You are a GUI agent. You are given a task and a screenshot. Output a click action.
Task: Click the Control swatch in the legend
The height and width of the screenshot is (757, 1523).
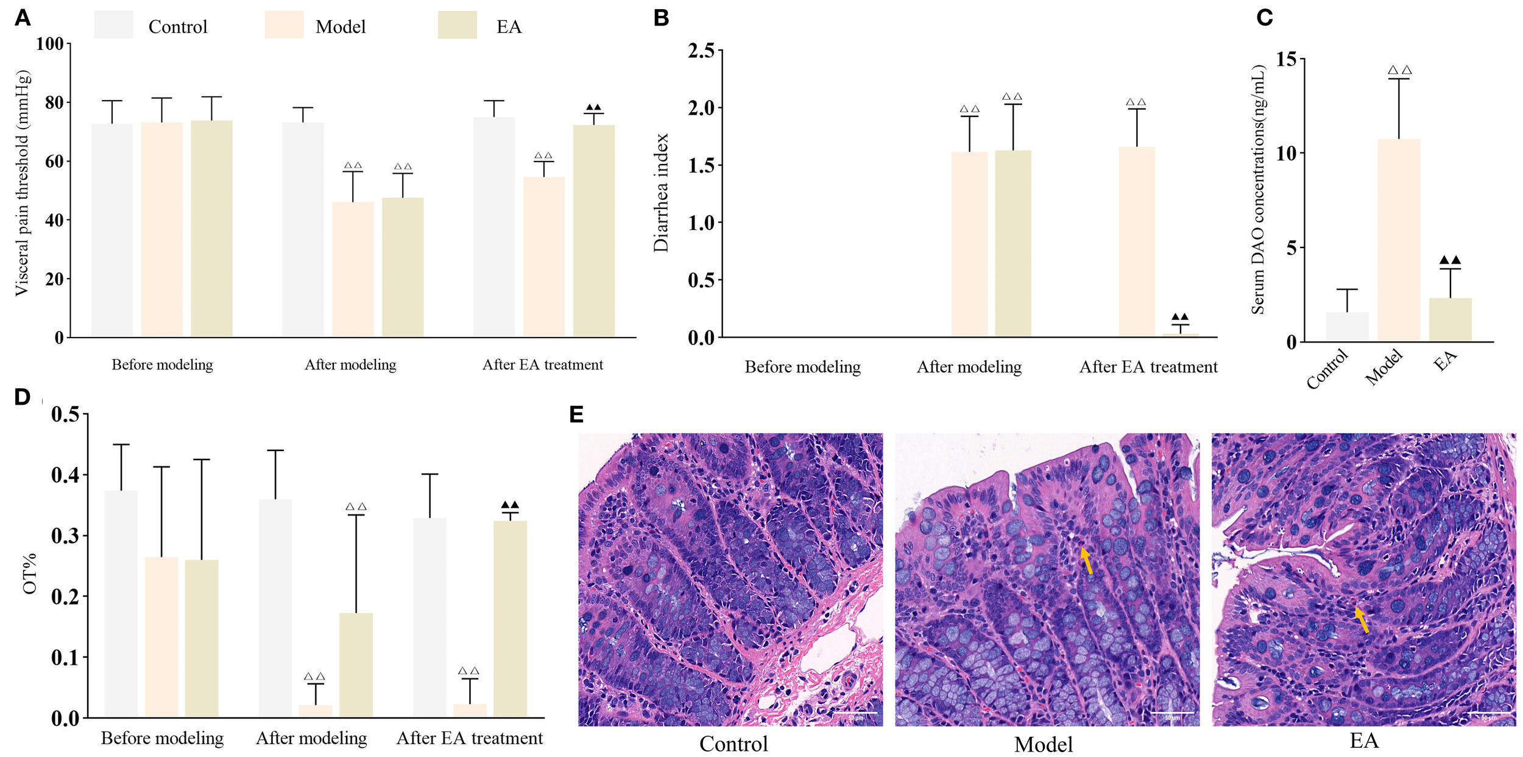pyautogui.click(x=113, y=26)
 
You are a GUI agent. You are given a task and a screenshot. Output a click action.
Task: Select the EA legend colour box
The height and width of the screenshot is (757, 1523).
pyautogui.click(x=457, y=26)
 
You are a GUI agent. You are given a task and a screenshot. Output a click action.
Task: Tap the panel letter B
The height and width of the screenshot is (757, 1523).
pyautogui.click(x=661, y=18)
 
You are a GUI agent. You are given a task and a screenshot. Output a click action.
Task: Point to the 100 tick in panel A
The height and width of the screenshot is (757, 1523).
pyautogui.click(x=50, y=44)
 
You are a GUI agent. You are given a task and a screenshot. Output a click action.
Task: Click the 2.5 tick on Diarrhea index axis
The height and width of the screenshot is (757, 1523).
pyautogui.click(x=701, y=51)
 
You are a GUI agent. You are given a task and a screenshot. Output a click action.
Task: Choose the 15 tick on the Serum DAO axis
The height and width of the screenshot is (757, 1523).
pyautogui.click(x=1286, y=59)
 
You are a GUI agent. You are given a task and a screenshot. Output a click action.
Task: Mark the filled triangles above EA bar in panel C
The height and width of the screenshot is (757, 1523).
pyautogui.click(x=1450, y=260)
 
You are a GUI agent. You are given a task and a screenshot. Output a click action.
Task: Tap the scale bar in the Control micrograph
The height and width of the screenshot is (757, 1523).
pyautogui.click(x=856, y=713)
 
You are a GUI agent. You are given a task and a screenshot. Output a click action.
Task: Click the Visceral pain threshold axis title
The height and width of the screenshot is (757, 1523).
pyautogui.click(x=22, y=183)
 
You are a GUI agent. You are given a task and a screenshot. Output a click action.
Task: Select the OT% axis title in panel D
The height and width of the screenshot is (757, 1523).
pyautogui.click(x=29, y=573)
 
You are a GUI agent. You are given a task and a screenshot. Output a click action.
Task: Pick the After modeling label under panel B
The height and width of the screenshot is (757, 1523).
pyautogui.click(x=969, y=367)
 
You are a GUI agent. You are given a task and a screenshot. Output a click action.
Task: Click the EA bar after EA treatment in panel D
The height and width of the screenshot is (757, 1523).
pyautogui.click(x=510, y=618)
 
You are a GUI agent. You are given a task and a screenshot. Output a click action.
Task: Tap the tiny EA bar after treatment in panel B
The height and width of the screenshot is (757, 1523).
pyautogui.click(x=1180, y=334)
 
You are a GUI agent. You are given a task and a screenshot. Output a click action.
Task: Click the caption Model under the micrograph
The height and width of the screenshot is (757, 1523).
pyautogui.click(x=1043, y=744)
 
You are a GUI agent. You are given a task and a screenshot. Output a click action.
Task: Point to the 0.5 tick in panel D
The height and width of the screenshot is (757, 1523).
pyautogui.click(x=66, y=414)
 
